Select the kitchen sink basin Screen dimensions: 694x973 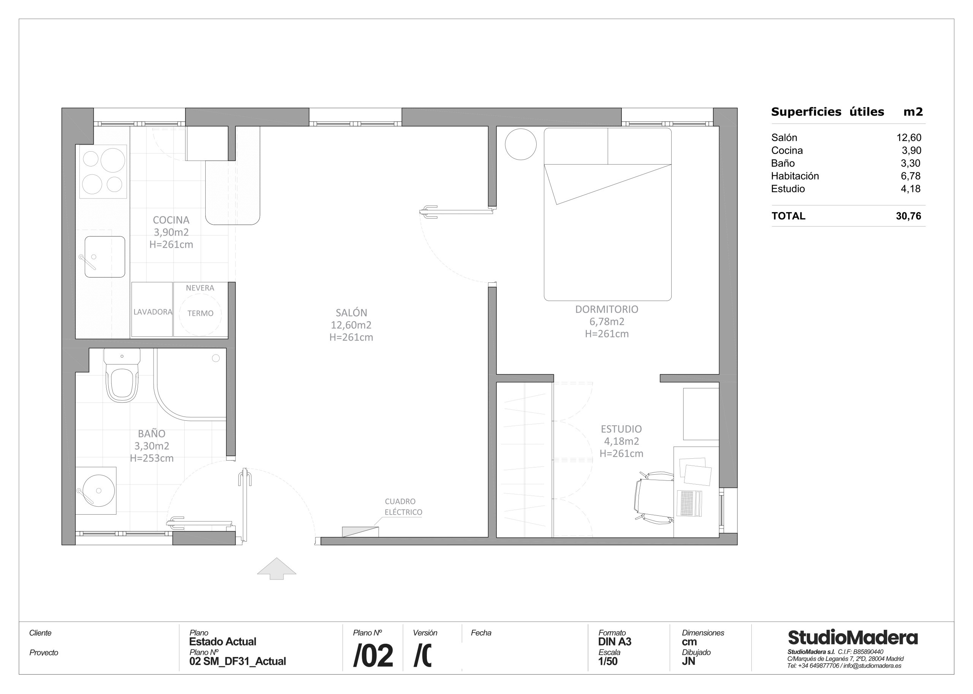(x=105, y=257)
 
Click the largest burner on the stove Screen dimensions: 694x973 (x=113, y=160)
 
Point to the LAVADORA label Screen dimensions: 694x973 (x=152, y=312)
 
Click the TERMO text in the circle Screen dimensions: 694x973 (x=200, y=313)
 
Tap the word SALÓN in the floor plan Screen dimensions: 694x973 (x=351, y=312)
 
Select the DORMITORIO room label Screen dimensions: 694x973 (x=606, y=309)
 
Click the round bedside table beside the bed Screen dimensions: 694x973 (x=520, y=144)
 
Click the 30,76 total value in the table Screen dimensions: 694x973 (x=908, y=216)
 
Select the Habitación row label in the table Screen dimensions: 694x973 (x=795, y=176)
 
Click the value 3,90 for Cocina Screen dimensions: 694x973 (x=911, y=151)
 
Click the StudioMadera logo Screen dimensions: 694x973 (x=852, y=638)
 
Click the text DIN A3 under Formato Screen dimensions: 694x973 (x=615, y=642)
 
